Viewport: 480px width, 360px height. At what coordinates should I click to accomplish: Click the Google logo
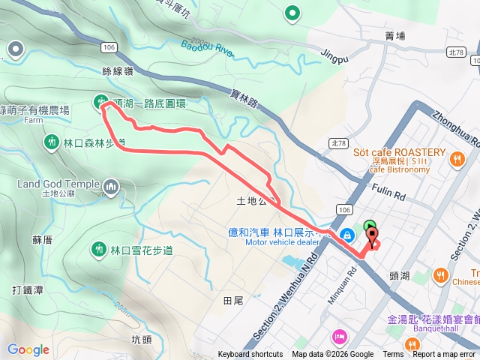28,349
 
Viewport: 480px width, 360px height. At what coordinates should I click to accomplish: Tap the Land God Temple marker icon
111,185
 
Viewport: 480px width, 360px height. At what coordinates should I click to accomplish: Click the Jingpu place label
334,54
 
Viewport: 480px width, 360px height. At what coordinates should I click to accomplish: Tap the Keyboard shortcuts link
250,355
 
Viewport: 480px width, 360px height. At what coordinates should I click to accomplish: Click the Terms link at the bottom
393,355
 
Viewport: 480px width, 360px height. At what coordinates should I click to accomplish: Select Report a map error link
444,355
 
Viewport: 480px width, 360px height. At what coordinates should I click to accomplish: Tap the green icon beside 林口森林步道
51,141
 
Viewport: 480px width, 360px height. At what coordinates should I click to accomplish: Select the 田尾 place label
233,300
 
